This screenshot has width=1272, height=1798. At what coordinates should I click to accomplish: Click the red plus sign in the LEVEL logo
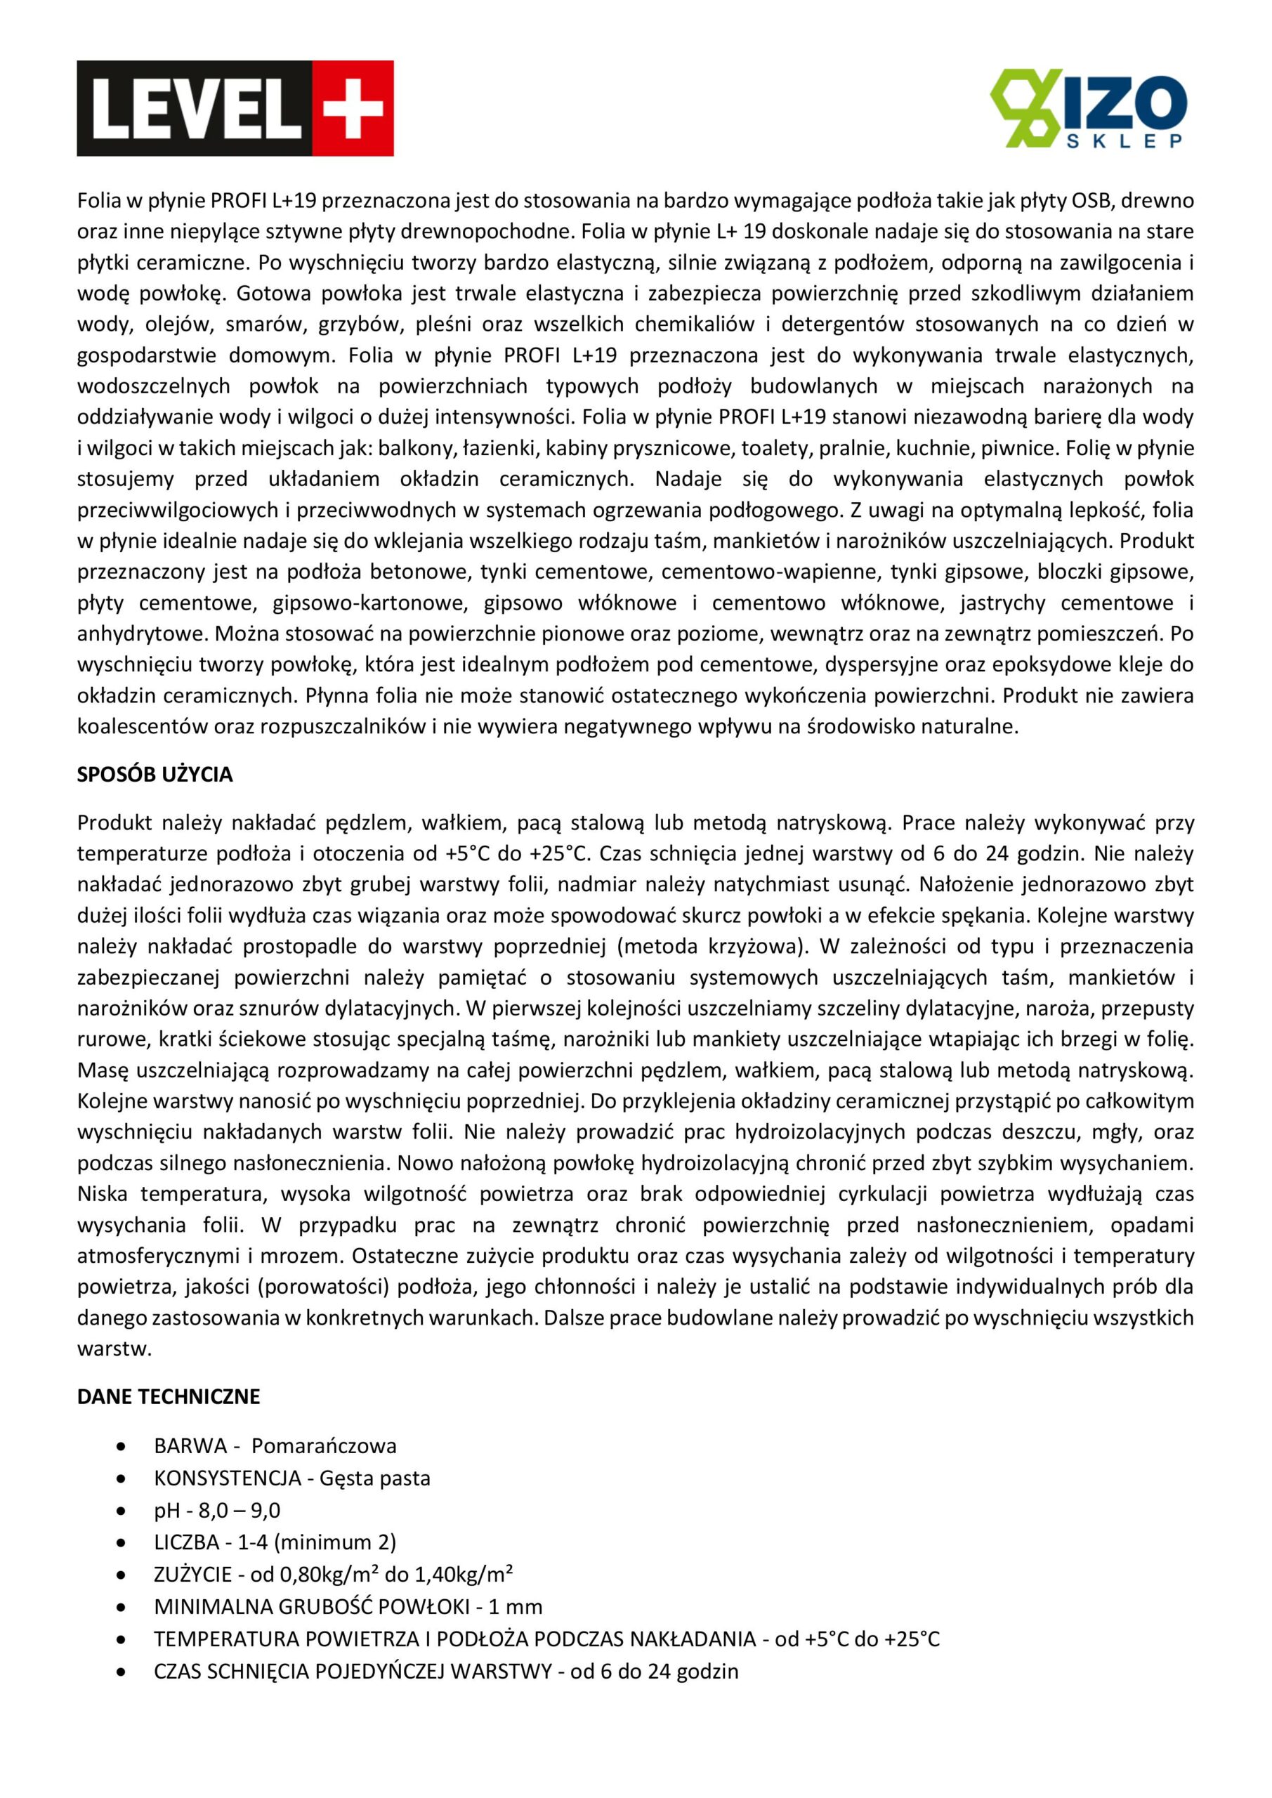353,108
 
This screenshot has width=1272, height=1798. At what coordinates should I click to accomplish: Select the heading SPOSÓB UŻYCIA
155,775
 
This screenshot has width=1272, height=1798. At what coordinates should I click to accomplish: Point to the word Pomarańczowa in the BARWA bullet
324,1445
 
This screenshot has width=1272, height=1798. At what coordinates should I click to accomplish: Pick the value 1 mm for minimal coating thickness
515,1607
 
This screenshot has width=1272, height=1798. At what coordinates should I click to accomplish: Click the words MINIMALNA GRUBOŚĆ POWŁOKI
312,1607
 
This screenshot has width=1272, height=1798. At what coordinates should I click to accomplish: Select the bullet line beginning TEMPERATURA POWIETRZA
546,1639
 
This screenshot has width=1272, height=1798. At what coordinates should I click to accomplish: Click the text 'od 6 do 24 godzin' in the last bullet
654,1671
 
